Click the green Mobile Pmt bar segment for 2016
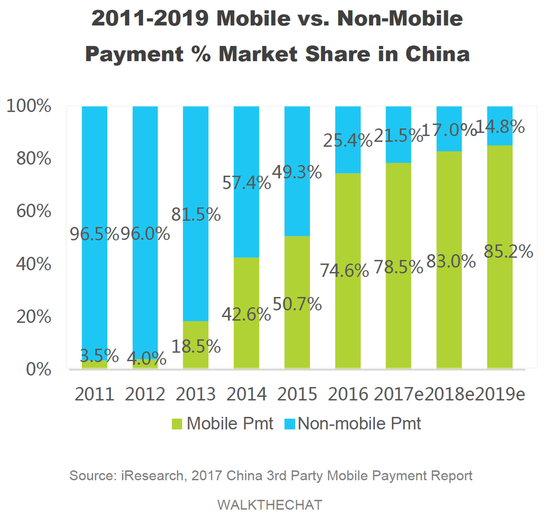tap(348, 302)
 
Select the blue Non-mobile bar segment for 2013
tap(196, 162)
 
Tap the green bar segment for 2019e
tap(500, 313)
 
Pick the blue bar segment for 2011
tap(94, 162)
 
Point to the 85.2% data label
tap(508, 252)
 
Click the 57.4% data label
tap(246, 183)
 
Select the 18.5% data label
tap(196, 346)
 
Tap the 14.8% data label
tap(501, 127)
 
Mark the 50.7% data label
tap(297, 304)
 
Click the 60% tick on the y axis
tap(36, 211)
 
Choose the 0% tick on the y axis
tap(39, 370)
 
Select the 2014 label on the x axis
tap(246, 395)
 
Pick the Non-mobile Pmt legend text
tap(359, 424)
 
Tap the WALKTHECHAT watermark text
tap(270, 505)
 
